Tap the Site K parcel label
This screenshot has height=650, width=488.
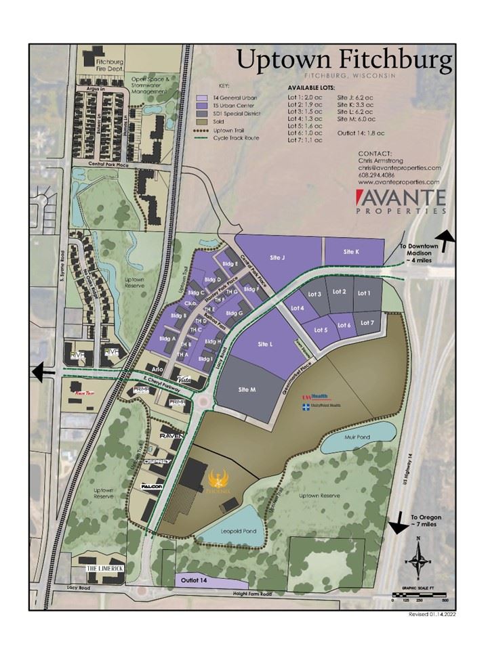click(350, 252)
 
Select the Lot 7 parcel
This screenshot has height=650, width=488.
click(368, 322)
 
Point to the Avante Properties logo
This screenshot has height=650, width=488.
click(401, 201)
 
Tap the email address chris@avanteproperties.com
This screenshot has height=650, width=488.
click(399, 167)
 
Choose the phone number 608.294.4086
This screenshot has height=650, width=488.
click(380, 175)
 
